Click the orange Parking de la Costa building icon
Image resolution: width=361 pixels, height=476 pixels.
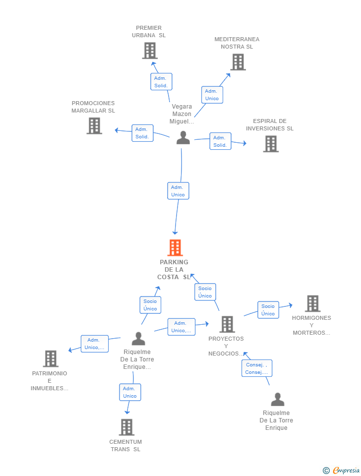175,248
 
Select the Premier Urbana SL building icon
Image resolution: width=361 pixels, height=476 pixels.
150,51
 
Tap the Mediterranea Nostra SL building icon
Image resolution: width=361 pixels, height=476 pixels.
238,62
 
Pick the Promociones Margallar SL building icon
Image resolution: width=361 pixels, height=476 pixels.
94,125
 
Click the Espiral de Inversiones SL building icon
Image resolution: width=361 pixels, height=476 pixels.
271,144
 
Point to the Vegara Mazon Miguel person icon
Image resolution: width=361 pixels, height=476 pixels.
183,137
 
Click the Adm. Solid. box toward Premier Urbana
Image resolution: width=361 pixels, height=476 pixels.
161,82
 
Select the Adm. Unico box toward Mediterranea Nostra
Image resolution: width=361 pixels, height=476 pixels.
212,95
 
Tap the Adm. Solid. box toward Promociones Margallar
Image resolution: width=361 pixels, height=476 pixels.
142,133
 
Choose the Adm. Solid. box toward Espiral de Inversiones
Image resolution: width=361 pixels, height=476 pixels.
221,141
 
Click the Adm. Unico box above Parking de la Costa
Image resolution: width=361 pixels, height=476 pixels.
178,190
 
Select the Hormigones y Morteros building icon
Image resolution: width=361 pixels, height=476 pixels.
313,303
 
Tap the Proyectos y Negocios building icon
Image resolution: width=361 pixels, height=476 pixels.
227,324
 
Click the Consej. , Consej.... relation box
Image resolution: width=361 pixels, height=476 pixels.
257,368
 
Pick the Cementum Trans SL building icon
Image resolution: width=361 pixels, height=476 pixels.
126,427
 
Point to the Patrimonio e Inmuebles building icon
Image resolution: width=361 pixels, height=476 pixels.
51,359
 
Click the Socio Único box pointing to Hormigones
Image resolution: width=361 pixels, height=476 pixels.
268,309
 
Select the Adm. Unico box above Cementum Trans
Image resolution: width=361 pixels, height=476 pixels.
130,392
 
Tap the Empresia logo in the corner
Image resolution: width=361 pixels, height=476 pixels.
341,470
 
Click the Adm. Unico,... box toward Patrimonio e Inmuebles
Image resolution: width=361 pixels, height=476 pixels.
94,344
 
